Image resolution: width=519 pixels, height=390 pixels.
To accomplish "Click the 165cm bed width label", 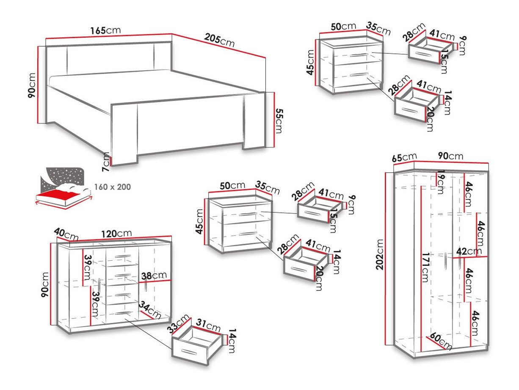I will click(x=105, y=31).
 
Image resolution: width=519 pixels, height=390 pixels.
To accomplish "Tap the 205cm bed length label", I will click(x=219, y=41).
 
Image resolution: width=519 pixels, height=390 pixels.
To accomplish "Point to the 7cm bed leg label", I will click(x=106, y=162).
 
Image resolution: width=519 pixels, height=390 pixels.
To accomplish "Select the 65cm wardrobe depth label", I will click(x=404, y=158).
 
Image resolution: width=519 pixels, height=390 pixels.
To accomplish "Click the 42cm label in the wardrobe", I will click(x=469, y=251).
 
